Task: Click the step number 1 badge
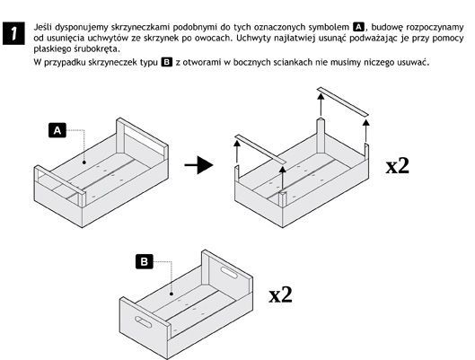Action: (13, 33)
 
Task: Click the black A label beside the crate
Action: (57, 130)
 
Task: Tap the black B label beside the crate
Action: (145, 261)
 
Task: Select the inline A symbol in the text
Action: (358, 27)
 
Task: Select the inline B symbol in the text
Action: (167, 62)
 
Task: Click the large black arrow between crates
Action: (198, 165)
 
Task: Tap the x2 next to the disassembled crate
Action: (398, 166)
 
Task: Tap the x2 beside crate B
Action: (281, 294)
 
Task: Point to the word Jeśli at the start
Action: (42, 27)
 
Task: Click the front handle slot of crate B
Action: (143, 322)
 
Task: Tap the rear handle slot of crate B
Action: (230, 272)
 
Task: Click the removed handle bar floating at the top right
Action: (343, 101)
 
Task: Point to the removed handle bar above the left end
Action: (260, 150)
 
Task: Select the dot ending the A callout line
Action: (84, 162)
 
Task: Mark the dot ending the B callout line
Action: (172, 294)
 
